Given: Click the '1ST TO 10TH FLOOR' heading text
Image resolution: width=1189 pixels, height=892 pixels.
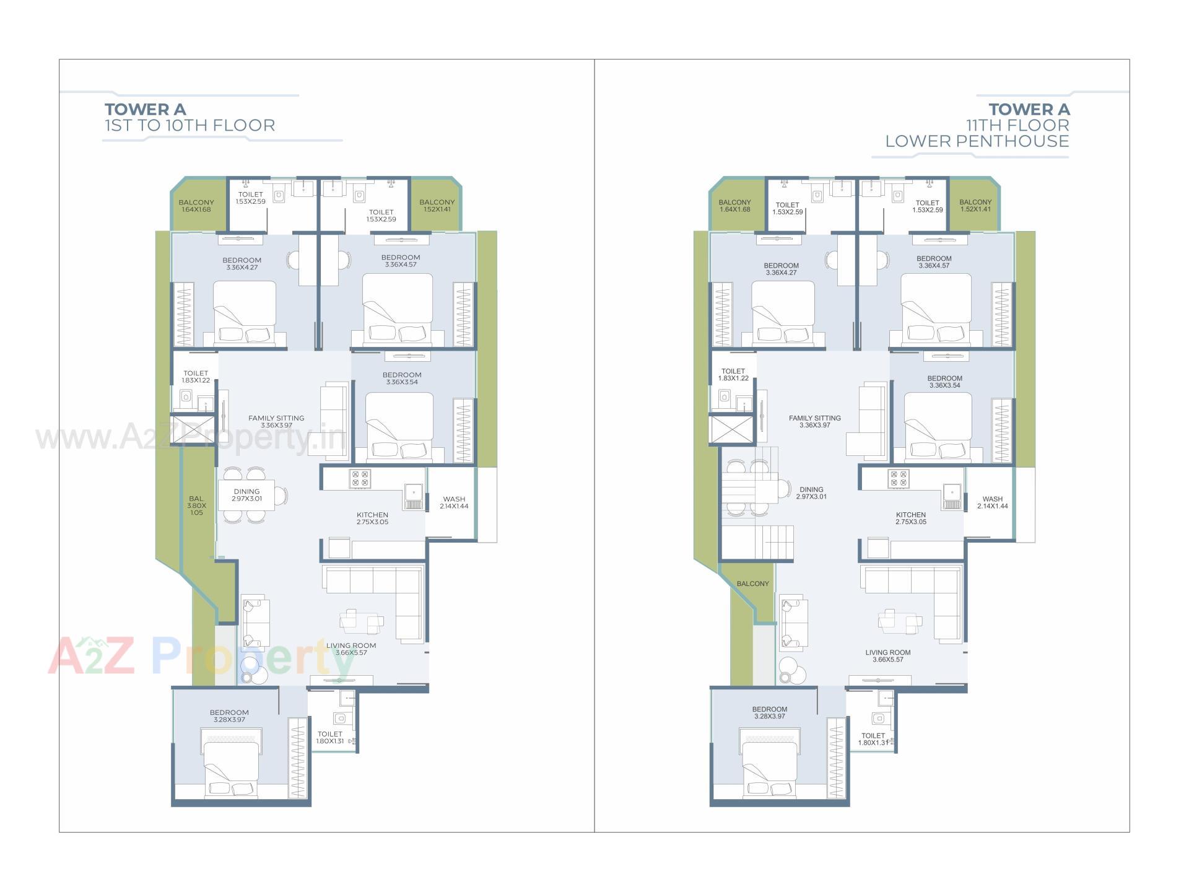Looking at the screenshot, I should (x=189, y=126).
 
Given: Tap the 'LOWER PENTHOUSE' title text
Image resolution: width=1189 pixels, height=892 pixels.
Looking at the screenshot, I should (x=977, y=141).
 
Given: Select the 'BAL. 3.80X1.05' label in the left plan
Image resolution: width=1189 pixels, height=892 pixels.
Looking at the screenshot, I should (x=196, y=505).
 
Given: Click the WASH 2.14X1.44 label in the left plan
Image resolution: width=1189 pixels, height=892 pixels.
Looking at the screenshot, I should (x=454, y=502).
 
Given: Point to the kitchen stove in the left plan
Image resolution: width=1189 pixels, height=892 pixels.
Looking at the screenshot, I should (x=360, y=479).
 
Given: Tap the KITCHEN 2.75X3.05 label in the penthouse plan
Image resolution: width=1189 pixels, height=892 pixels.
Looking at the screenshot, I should (x=910, y=518).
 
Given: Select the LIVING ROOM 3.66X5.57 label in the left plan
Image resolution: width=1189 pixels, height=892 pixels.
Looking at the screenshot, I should (x=351, y=649).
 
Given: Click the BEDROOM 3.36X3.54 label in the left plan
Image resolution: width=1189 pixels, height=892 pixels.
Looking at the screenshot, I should (x=402, y=378).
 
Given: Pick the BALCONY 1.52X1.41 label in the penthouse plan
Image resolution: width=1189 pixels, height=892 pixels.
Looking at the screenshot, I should (x=975, y=206).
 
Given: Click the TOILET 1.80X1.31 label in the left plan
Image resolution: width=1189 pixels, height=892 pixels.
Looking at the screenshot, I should (x=330, y=737).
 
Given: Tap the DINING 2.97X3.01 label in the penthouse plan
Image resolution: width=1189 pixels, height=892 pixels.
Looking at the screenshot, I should (x=811, y=493).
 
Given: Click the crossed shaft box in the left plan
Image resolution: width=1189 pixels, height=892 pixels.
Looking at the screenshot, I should (x=193, y=429).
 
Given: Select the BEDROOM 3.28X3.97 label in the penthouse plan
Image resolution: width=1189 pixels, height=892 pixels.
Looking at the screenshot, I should (x=770, y=713).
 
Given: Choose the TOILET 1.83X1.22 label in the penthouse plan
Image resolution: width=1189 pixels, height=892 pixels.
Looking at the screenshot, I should (x=733, y=375).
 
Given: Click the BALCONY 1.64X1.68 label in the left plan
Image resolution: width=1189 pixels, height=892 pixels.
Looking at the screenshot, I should (x=196, y=206).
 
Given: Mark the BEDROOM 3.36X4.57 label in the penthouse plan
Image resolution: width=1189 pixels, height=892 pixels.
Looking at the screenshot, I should (x=934, y=262).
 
